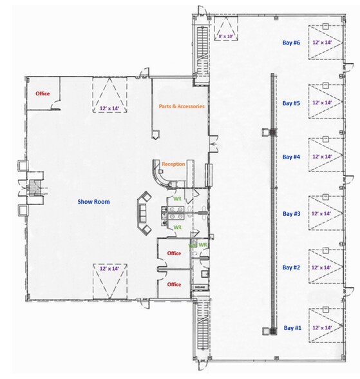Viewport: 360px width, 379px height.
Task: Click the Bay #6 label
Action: tap(291, 43)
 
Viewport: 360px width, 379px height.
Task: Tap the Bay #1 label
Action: tap(292, 328)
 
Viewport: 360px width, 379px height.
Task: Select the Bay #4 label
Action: tap(291, 157)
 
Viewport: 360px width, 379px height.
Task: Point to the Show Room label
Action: tap(93, 202)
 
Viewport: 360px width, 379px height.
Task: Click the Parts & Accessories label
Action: tap(182, 106)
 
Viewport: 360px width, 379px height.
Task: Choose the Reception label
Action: tap(173, 164)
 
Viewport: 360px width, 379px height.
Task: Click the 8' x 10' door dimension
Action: tap(226, 36)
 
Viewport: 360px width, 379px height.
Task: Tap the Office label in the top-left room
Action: tap(43, 93)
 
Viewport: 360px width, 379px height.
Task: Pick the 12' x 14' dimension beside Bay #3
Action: tap(321, 213)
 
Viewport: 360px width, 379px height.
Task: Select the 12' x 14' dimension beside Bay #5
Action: tap(322, 102)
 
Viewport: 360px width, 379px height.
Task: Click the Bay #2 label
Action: tap(291, 267)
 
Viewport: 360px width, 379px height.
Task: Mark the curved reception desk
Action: tap(159, 176)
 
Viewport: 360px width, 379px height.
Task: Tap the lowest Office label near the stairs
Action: tap(174, 284)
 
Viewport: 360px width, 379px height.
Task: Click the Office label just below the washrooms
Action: tap(174, 253)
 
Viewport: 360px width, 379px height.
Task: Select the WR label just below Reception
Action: tap(178, 199)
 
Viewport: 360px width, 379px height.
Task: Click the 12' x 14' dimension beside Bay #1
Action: tap(322, 327)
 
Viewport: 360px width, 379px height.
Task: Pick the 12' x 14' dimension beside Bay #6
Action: tap(322, 43)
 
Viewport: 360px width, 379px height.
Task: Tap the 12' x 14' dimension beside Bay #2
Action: tap(321, 267)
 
